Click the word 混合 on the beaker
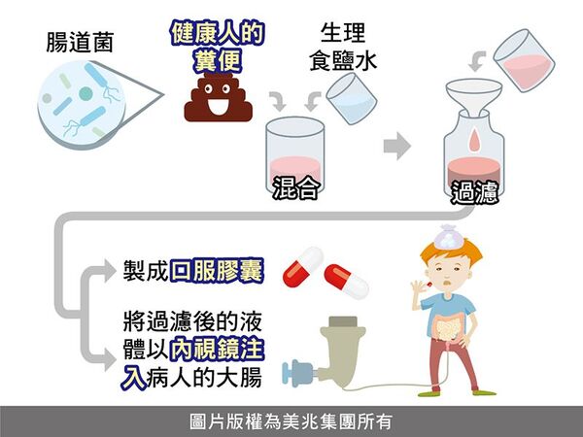pyautogui.click(x=295, y=187)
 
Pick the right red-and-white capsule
pyautogui.click(x=347, y=280)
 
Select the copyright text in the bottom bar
pyautogui.click(x=291, y=421)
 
